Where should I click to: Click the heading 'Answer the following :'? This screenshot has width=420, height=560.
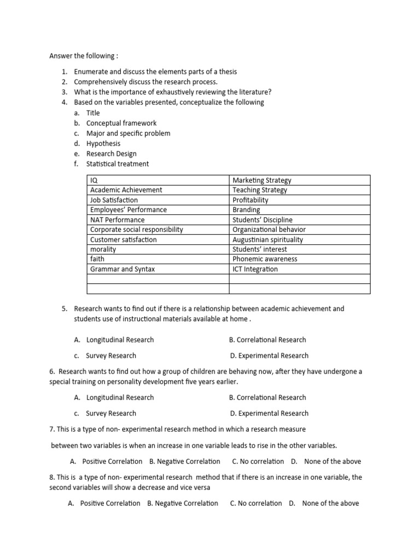[x=84, y=56]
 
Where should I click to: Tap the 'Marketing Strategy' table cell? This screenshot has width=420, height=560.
[x=262, y=180]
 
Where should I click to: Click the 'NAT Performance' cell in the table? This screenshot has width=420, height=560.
[x=118, y=220]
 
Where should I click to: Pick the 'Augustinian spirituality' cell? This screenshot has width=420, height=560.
[x=267, y=240]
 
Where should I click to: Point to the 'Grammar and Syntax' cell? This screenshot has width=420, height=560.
[x=122, y=269]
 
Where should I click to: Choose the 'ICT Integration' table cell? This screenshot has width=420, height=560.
[x=255, y=269]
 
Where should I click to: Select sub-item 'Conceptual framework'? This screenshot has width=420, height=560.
[x=121, y=123]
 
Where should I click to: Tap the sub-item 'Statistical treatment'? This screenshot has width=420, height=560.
[x=118, y=164]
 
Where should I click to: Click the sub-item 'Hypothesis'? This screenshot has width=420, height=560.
[x=103, y=143]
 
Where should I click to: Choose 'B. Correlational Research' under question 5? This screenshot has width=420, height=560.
[x=267, y=340]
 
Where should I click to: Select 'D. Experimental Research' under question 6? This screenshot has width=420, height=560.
[x=269, y=413]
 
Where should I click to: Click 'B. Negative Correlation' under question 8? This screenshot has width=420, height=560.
[x=182, y=503]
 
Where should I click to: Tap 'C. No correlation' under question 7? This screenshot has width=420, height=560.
[x=258, y=461]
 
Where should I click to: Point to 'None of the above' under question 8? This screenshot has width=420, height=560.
[x=330, y=503]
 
